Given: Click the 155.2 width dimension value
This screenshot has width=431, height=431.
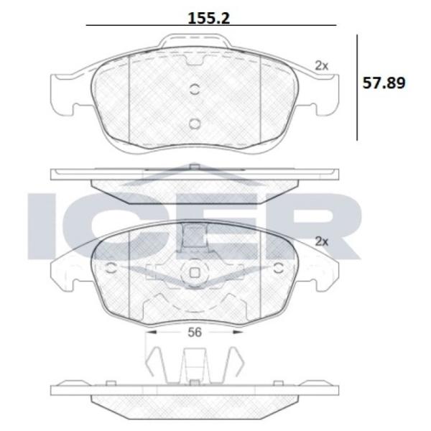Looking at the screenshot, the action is click(208, 18).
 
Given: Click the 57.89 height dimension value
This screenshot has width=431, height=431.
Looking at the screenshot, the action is click(384, 83).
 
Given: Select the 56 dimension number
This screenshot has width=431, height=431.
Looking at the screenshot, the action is click(195, 333).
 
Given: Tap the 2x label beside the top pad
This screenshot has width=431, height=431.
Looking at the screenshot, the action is click(321, 65).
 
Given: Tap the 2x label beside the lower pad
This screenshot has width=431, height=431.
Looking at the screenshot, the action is click(321, 241).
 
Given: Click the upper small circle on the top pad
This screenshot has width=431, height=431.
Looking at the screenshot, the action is click(195, 89).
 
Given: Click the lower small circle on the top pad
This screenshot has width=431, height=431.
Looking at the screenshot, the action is click(195, 124).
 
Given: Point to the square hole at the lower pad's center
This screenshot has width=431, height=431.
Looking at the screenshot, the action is click(195, 273).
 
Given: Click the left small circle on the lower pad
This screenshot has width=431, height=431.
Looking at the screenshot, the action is click(111, 268).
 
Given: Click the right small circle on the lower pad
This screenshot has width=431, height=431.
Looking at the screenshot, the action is click(279, 268).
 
